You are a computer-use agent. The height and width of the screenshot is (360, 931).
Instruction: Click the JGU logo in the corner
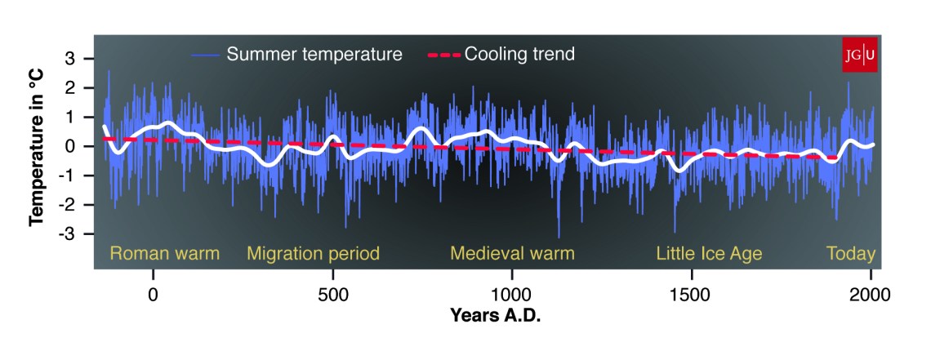tap(859, 55)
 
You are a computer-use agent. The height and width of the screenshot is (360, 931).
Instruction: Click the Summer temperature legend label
tap(314, 55)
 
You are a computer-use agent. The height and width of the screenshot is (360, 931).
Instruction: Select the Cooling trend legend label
tap(520, 55)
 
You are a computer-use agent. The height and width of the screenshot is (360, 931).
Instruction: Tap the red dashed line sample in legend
tap(443, 56)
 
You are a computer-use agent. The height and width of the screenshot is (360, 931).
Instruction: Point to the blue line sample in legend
tap(205, 56)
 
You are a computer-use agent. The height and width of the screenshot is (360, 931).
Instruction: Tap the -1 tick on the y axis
tap(68, 176)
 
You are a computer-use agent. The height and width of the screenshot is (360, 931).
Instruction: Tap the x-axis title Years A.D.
tap(495, 314)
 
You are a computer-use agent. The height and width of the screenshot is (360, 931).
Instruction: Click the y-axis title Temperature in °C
tap(37, 147)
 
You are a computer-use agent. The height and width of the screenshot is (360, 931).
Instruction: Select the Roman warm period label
tap(165, 254)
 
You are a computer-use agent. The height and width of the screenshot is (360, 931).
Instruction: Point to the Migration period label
tap(313, 254)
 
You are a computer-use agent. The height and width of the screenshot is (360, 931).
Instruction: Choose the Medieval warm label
tap(512, 254)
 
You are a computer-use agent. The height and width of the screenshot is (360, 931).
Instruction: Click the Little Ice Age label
tap(709, 254)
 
